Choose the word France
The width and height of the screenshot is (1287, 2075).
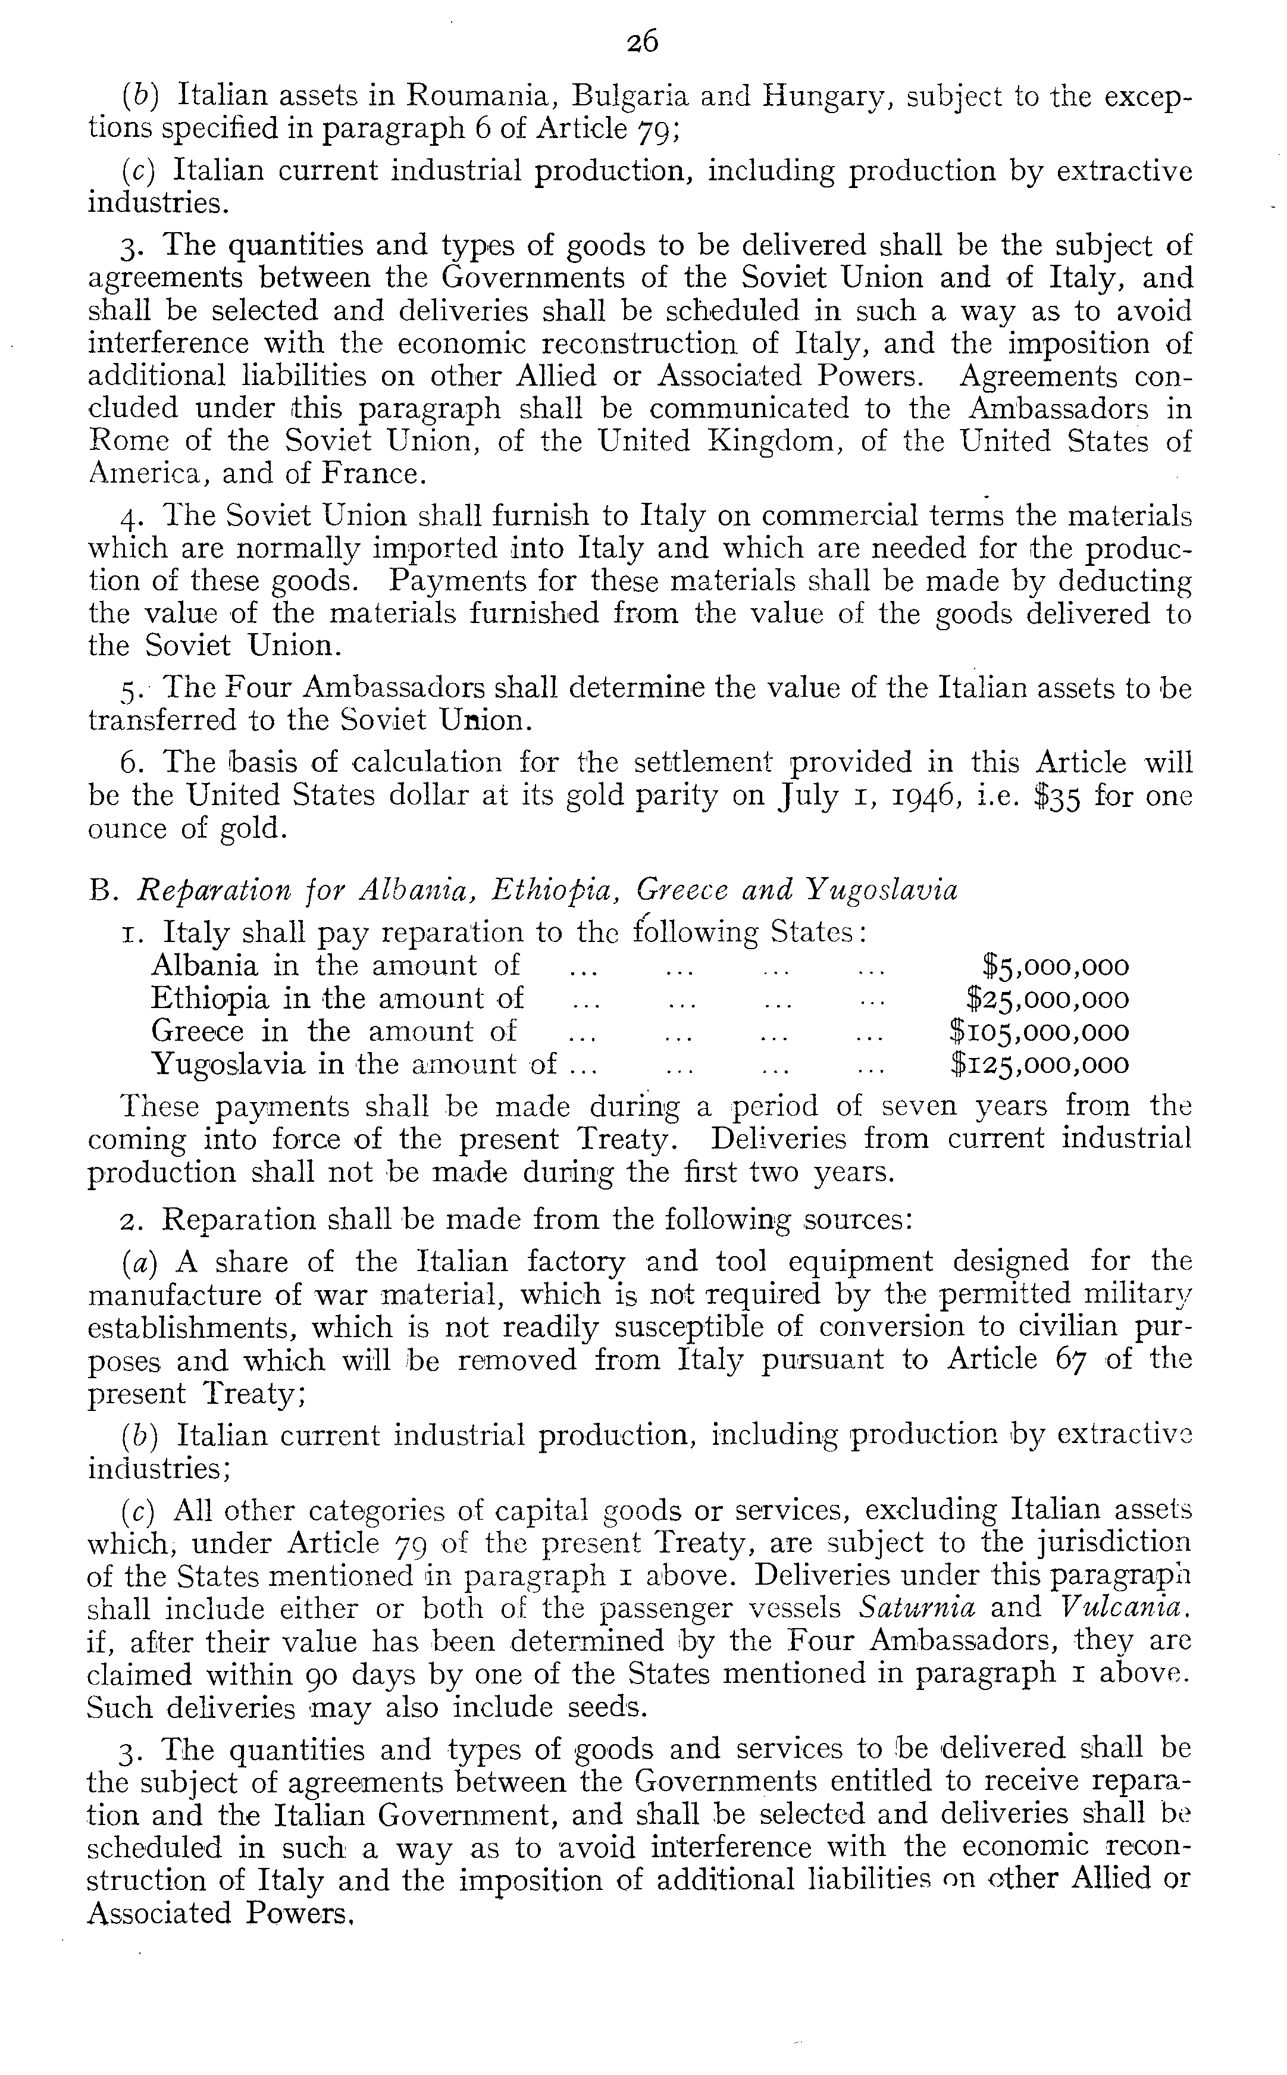(x=372, y=474)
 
